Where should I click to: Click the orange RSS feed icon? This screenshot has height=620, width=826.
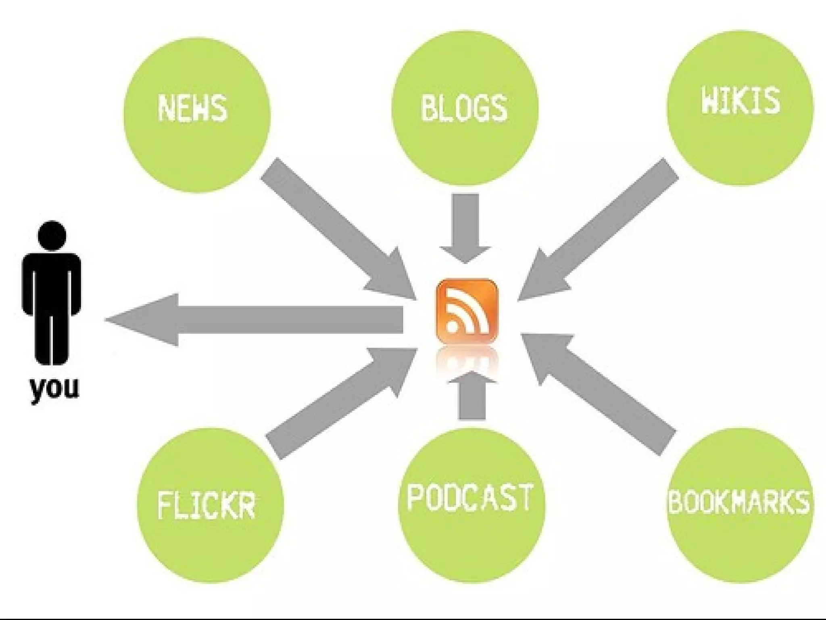tap(467, 311)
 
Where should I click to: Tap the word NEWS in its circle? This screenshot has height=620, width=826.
tap(192, 108)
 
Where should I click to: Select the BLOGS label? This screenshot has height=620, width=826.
tap(464, 108)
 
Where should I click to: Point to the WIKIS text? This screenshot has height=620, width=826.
tap(740, 100)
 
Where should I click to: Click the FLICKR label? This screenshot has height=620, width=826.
tap(206, 505)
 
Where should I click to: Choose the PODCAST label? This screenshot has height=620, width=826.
tap(469, 498)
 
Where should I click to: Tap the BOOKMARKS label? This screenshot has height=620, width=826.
tap(739, 502)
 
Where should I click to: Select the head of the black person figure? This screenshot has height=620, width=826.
tap(52, 236)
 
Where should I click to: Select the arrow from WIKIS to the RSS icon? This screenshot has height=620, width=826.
tap(601, 230)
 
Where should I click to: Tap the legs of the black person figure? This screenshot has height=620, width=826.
tap(52, 339)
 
